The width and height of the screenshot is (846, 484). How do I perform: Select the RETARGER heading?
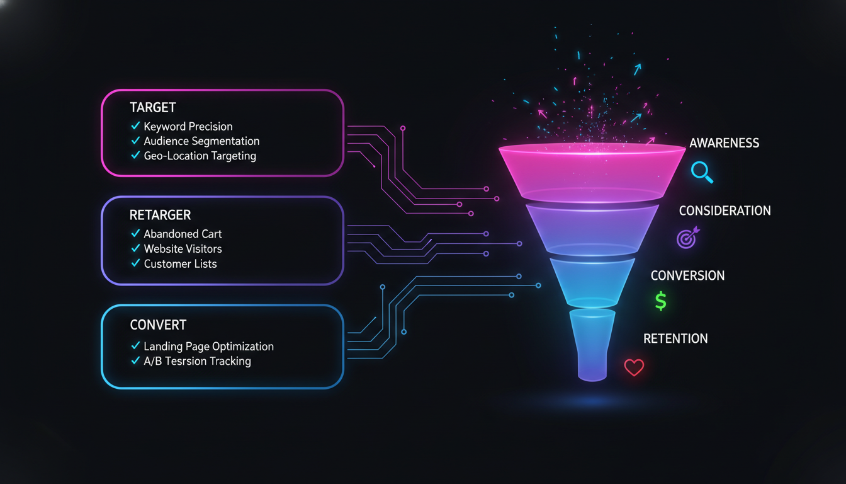[x=160, y=215]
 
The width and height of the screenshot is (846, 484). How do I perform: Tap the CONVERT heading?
[x=158, y=325]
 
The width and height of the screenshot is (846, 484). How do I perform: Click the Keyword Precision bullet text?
[x=188, y=127]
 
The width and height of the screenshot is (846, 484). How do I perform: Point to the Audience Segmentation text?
[x=201, y=141]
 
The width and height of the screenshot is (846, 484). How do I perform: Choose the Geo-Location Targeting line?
[x=200, y=156]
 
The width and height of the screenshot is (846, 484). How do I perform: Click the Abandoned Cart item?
[x=183, y=234]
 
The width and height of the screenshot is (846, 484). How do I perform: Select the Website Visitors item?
[x=183, y=249]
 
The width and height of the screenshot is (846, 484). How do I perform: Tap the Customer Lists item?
[x=180, y=264]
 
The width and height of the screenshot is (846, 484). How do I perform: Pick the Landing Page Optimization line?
[x=208, y=347]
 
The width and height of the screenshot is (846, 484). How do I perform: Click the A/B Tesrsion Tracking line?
[x=197, y=361]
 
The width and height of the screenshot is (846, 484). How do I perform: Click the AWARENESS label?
[x=724, y=143]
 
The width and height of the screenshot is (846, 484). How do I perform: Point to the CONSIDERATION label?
[x=725, y=210]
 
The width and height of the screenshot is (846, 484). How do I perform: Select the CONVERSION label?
[x=687, y=275]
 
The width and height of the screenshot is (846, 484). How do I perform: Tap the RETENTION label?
[x=675, y=338]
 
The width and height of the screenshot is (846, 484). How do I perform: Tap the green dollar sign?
[x=660, y=301]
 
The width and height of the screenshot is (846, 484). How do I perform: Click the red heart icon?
[x=634, y=367]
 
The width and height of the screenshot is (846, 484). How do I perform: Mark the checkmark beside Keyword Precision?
[x=135, y=127]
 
